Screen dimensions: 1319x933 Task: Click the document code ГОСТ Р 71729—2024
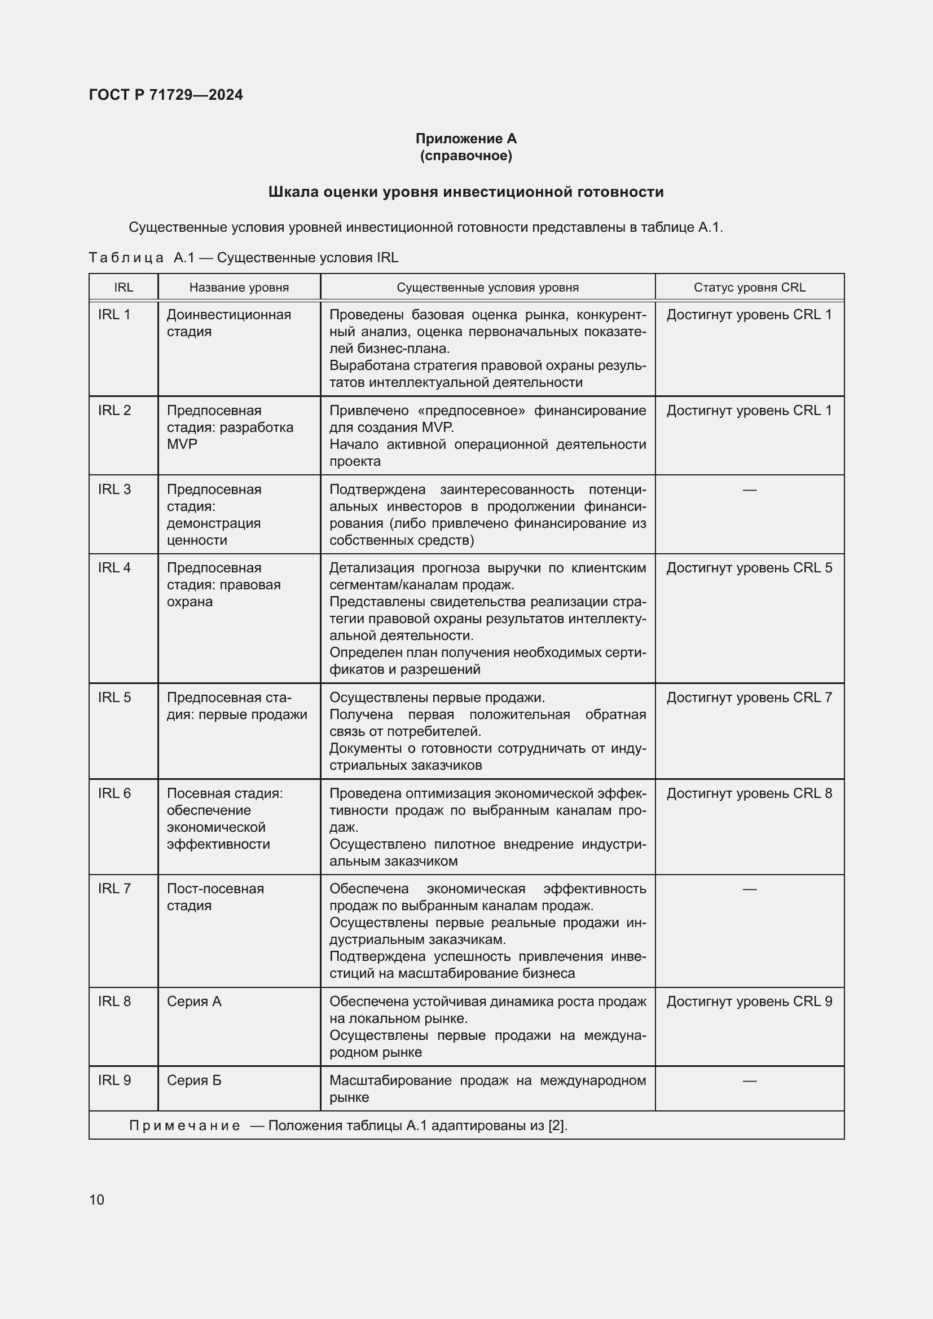click(165, 95)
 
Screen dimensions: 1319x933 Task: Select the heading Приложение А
click(466, 139)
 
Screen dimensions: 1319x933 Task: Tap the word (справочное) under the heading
click(466, 156)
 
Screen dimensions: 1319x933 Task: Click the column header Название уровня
click(239, 287)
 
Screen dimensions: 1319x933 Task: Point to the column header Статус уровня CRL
click(749, 287)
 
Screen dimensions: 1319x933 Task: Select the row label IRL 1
click(115, 315)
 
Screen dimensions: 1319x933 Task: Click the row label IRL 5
click(115, 698)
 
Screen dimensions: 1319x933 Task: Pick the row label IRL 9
click(115, 1080)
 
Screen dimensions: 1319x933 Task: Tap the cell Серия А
click(194, 1002)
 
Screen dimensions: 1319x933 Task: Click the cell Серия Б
click(194, 1080)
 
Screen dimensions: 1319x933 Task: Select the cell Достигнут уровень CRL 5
click(749, 568)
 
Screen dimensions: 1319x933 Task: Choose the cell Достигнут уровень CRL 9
click(749, 1002)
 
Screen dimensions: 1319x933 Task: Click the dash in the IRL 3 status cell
click(749, 489)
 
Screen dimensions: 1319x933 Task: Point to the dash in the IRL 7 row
click(749, 889)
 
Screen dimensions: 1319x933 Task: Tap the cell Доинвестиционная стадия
click(228, 323)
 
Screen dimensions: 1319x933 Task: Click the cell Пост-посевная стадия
click(215, 897)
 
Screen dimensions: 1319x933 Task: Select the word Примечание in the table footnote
click(184, 1126)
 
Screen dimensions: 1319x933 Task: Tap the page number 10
click(96, 1199)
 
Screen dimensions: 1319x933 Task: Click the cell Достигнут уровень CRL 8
click(749, 793)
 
